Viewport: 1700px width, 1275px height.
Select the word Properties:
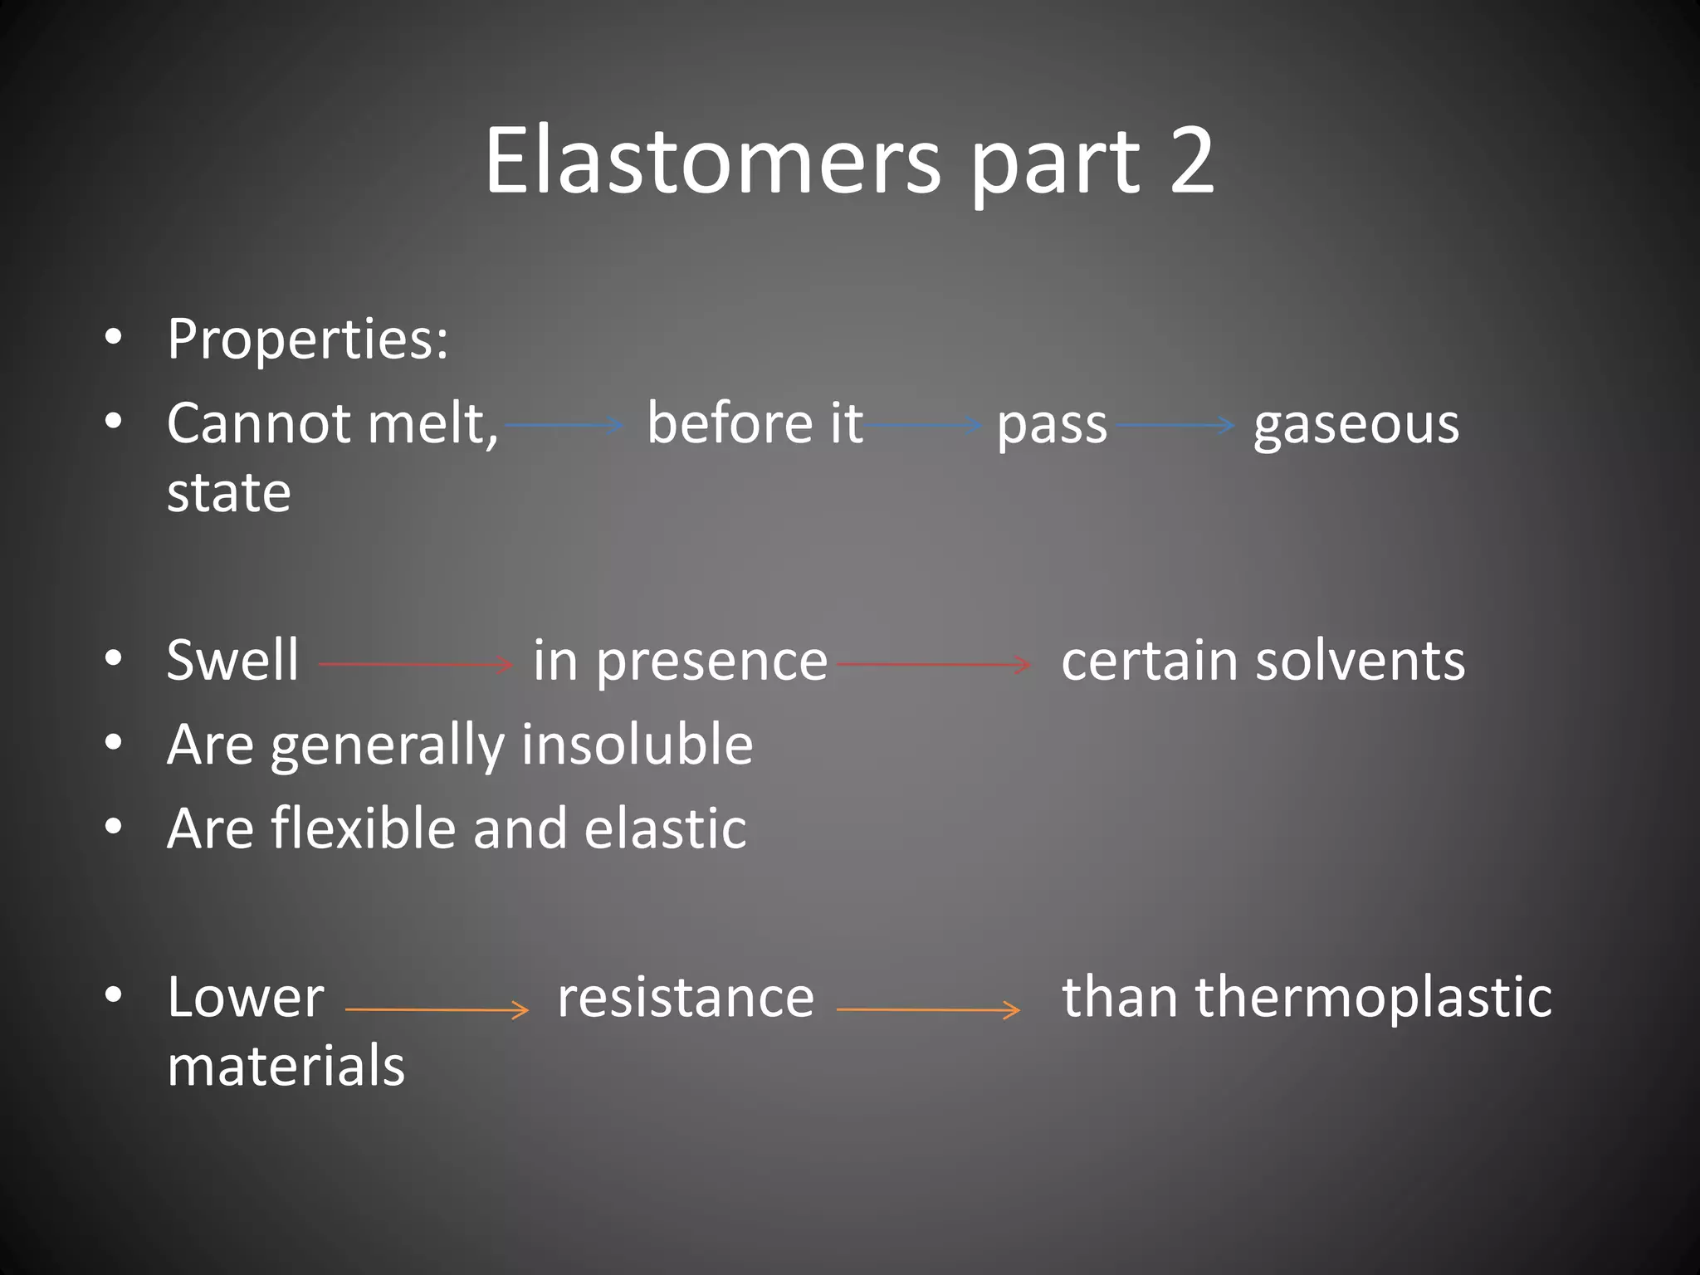tap(307, 340)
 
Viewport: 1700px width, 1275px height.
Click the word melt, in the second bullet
tap(432, 424)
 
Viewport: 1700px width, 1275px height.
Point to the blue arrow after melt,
tap(564, 425)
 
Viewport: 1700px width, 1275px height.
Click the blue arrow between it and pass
tap(923, 425)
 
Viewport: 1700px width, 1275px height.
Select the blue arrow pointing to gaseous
tap(1175, 425)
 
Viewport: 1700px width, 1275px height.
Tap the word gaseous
tap(1356, 426)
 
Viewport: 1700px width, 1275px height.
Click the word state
tap(229, 493)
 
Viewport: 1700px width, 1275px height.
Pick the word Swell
tap(232, 661)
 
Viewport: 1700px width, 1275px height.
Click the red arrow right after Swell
tap(416, 664)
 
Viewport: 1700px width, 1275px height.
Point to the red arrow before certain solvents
tap(935, 664)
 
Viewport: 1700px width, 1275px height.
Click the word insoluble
tap(637, 745)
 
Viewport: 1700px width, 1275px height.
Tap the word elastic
tap(665, 829)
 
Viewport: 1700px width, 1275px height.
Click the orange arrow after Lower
tap(437, 1009)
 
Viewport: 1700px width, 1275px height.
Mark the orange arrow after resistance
tap(928, 1009)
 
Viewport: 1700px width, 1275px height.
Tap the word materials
tap(286, 1066)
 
